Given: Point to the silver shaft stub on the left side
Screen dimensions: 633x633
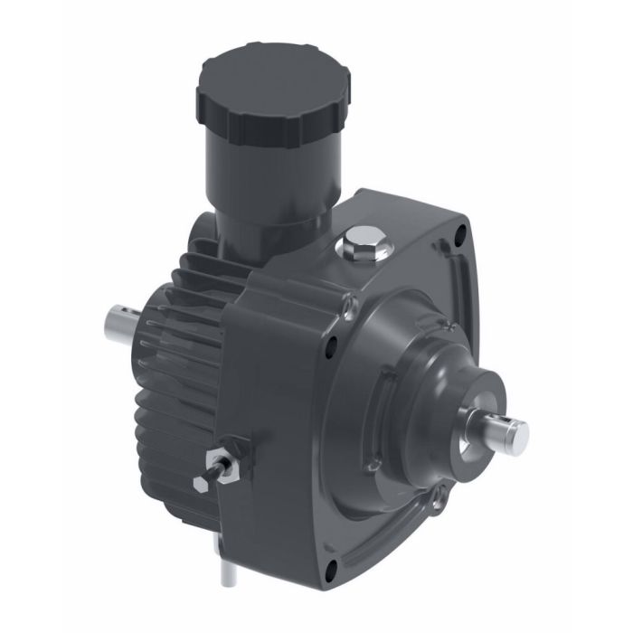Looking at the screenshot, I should (x=122, y=320).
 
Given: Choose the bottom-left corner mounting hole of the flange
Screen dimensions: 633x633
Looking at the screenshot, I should (x=331, y=567).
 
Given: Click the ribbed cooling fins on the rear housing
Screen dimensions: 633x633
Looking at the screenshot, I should (x=181, y=362).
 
